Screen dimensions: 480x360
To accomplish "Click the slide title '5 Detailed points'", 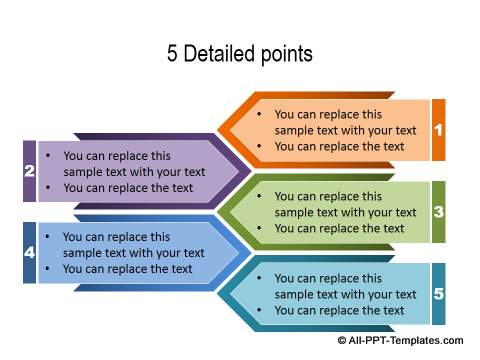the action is [240, 54].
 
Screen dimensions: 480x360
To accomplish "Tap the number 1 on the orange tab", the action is [439, 130].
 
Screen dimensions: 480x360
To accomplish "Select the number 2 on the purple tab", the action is [29, 171].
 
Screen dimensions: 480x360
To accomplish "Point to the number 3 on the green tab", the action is [439, 212].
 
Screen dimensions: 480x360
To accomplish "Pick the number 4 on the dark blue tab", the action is [29, 252].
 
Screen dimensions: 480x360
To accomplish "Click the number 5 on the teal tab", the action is [439, 294].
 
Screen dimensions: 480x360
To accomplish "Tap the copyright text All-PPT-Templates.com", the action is [400, 340].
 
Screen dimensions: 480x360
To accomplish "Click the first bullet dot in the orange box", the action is [259, 114].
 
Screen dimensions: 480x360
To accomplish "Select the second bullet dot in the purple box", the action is [48, 188].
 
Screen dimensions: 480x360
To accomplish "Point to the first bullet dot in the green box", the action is [259, 196].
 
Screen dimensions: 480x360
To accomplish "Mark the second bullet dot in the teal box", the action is [259, 310].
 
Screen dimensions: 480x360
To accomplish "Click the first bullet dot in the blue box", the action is [48, 237].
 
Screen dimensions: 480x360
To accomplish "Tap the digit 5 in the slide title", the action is [172, 53].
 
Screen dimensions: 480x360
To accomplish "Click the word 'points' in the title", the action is [287, 55].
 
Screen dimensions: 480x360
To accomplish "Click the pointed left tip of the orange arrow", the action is [217, 130].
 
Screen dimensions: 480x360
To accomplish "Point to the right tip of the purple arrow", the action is [251, 171].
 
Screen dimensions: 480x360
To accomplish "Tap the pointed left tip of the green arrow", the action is [217, 212].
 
